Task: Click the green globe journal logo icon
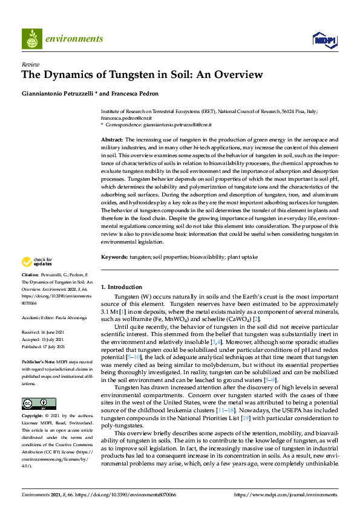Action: [31, 39]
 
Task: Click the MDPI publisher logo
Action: [323, 40]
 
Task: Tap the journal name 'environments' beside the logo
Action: [74, 39]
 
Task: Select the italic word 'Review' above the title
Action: [30, 63]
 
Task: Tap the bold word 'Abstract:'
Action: [113, 139]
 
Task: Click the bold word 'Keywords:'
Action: [114, 257]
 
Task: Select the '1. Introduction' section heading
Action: [121, 287]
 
